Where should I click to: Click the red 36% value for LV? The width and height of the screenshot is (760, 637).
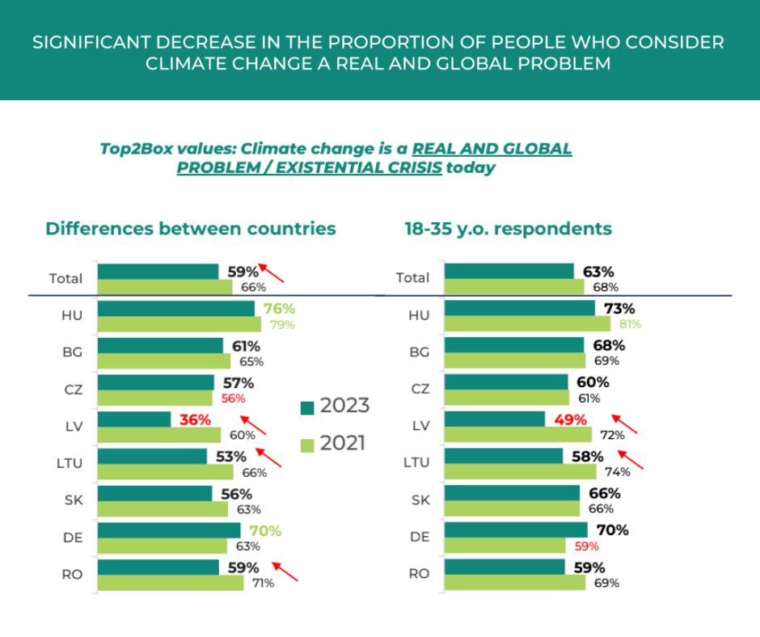196,420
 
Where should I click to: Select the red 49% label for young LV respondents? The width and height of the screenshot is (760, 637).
571,420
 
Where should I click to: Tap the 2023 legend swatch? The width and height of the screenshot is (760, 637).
307,408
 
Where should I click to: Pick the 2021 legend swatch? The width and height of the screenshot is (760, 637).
307,445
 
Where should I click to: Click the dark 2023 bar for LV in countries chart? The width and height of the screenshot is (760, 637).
134,420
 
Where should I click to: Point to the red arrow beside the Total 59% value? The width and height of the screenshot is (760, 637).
271,273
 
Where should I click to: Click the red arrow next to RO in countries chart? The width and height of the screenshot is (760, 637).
285,571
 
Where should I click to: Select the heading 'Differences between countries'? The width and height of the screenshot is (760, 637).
191,229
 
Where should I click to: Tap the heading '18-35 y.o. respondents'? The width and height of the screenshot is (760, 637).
509,229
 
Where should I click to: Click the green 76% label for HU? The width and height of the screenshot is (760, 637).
279,309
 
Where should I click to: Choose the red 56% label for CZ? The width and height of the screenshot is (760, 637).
233,399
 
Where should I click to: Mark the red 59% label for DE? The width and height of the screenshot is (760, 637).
587,546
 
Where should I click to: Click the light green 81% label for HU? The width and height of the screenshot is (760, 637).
630,324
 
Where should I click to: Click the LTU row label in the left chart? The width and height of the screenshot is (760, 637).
70,463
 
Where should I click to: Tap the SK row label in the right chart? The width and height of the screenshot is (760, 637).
420,500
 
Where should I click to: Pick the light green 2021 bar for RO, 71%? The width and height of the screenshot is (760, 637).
171,583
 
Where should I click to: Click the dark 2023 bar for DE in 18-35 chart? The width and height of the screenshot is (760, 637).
516,529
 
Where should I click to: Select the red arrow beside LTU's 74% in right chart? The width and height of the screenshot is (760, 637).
630,460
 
